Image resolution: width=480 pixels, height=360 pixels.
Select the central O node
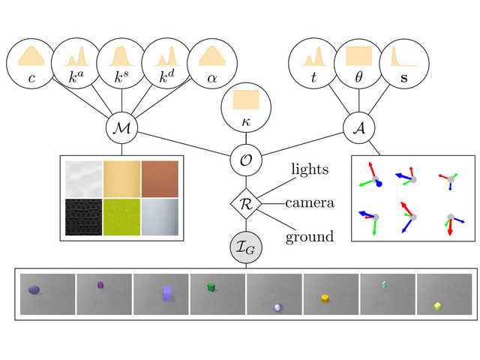tap(244, 159)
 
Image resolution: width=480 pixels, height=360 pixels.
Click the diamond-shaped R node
tap(244, 202)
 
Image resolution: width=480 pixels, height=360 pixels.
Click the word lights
tap(310, 169)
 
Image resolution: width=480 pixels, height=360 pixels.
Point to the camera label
tap(309, 203)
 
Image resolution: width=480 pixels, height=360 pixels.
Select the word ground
tap(309, 237)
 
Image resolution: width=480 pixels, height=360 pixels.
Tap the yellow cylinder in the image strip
tap(325, 298)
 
